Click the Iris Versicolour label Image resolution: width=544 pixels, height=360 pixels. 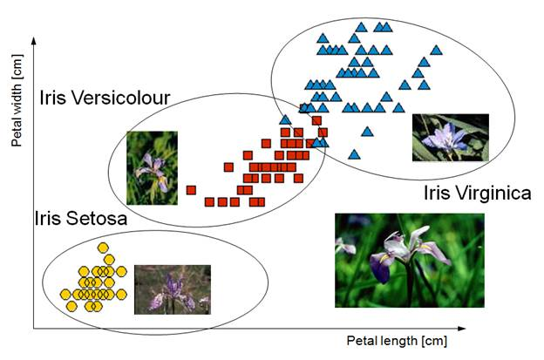pyautogui.click(x=105, y=98)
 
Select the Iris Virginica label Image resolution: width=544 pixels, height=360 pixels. pyautogui.click(x=478, y=194)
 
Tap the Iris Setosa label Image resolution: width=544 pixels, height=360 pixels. pyautogui.click(x=81, y=219)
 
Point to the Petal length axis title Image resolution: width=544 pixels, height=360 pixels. pyautogui.click(x=397, y=341)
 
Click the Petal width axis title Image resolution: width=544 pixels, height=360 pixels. pyautogui.click(x=17, y=100)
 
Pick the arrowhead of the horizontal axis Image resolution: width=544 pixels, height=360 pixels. pyautogui.click(x=461, y=328)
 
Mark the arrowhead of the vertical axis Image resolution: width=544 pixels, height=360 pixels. pyautogui.click(x=34, y=41)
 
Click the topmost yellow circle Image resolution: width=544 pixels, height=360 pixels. pyautogui.click(x=103, y=248)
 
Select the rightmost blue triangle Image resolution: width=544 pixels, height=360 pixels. pyautogui.click(x=436, y=51)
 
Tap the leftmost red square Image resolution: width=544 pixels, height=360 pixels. pyautogui.click(x=191, y=190)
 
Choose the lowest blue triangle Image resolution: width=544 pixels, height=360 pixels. pyautogui.click(x=354, y=154)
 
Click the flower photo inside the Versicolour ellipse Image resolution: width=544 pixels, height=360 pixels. pyautogui.click(x=152, y=168)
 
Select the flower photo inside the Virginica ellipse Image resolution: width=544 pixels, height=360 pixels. pyautogui.click(x=451, y=138)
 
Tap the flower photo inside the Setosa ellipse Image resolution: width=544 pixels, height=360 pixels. pyautogui.click(x=173, y=289)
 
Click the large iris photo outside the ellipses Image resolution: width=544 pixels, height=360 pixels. pyautogui.click(x=410, y=260)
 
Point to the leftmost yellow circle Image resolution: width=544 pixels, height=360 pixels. pyautogui.click(x=65, y=295)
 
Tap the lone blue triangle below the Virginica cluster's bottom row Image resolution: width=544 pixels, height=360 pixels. pyautogui.click(x=367, y=132)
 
